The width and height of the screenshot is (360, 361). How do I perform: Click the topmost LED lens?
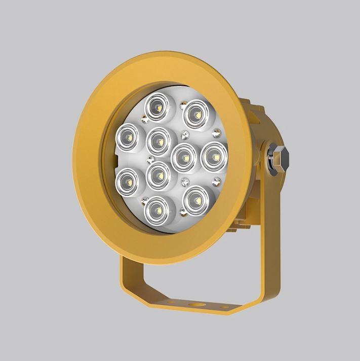tap(156, 107)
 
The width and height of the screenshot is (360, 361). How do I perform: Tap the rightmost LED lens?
tap(214, 157)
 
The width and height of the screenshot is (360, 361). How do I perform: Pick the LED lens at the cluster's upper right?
tap(194, 114)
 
